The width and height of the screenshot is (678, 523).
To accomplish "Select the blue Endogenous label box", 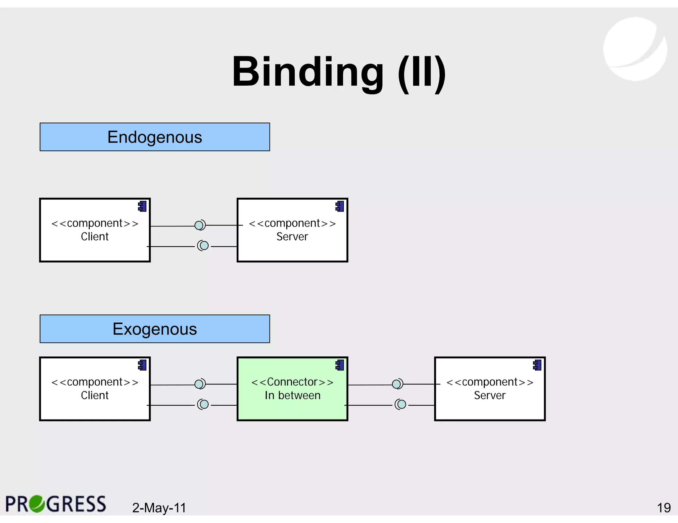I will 155,137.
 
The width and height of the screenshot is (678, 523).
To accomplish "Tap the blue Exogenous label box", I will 155,329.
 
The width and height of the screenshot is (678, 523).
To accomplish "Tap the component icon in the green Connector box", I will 340,365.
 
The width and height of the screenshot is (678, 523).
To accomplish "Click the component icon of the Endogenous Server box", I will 340,207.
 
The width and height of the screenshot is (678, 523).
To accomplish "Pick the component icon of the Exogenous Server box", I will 537,365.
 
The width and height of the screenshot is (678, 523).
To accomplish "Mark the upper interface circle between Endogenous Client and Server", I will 199,225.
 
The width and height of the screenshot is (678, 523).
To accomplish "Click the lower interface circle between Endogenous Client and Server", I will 204,246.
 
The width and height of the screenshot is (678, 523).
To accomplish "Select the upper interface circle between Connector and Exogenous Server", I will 397,384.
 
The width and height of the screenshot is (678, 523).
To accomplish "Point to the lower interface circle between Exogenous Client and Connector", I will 204,404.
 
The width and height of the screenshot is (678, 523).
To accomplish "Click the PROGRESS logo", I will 56,504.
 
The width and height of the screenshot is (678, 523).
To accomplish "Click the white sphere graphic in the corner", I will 635,49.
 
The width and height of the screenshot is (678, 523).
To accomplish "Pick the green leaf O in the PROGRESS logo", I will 37,504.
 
